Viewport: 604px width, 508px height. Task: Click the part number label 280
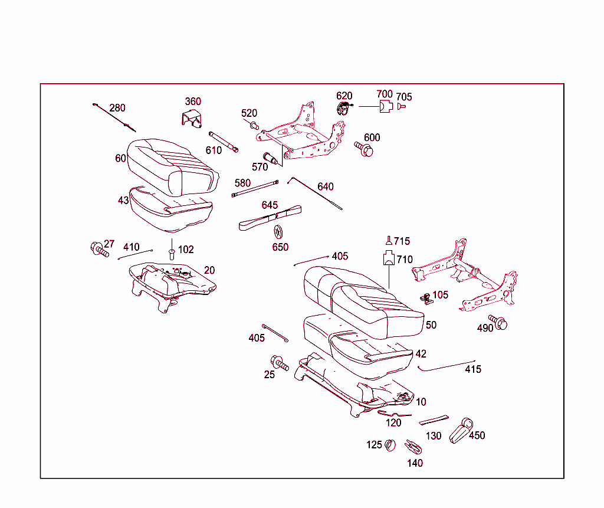117,108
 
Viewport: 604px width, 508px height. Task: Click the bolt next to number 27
99,250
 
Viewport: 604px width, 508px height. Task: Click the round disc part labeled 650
279,231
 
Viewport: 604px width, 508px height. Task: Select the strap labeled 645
270,218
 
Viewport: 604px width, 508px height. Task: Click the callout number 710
405,259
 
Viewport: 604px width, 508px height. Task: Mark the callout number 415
473,369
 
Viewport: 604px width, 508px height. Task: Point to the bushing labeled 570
272,158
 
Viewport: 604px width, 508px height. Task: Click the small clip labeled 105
425,297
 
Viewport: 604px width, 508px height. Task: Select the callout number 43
123,201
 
